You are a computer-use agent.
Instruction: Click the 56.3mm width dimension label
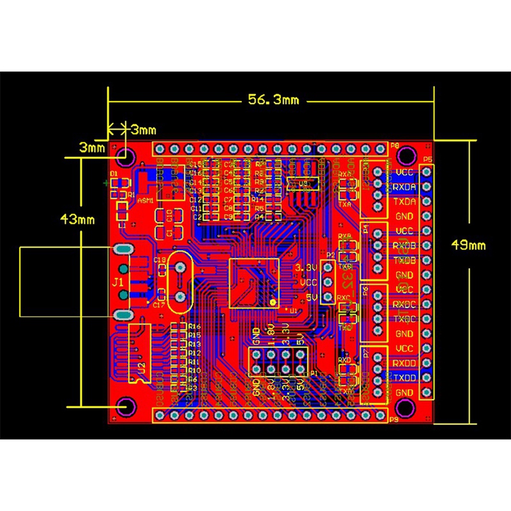click(x=273, y=100)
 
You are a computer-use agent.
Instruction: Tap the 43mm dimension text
click(x=77, y=219)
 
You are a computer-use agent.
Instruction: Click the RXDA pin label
click(x=405, y=187)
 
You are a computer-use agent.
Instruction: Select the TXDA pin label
click(x=405, y=201)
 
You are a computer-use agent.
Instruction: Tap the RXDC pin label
click(x=405, y=305)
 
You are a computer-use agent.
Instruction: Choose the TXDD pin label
click(x=405, y=378)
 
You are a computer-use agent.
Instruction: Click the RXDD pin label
click(x=405, y=363)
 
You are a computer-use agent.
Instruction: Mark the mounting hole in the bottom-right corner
click(x=404, y=407)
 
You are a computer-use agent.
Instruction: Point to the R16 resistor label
click(x=195, y=326)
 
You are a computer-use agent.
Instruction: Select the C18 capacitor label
click(x=160, y=260)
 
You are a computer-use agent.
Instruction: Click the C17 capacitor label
click(x=160, y=305)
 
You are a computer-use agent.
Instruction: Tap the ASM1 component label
click(x=146, y=201)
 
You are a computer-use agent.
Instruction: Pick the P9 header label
click(x=394, y=419)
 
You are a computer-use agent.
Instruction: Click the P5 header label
click(x=427, y=159)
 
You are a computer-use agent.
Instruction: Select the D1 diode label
click(x=114, y=174)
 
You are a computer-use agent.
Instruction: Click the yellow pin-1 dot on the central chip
click(x=273, y=301)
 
